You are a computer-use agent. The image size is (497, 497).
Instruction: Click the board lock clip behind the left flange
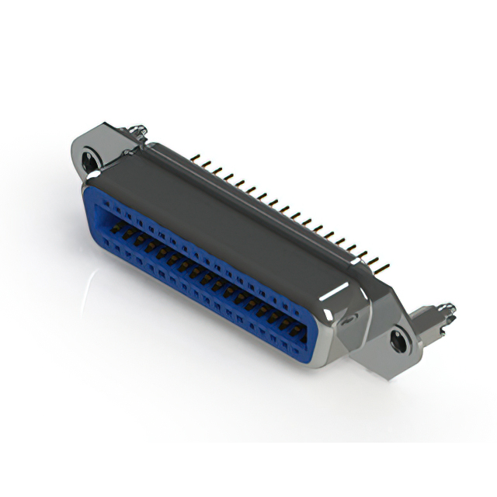point(136,133)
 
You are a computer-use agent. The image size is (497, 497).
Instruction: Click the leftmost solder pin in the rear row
point(193,158)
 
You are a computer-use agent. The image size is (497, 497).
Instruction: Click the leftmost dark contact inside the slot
point(117,228)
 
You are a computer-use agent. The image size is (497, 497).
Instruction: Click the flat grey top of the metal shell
point(233,210)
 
